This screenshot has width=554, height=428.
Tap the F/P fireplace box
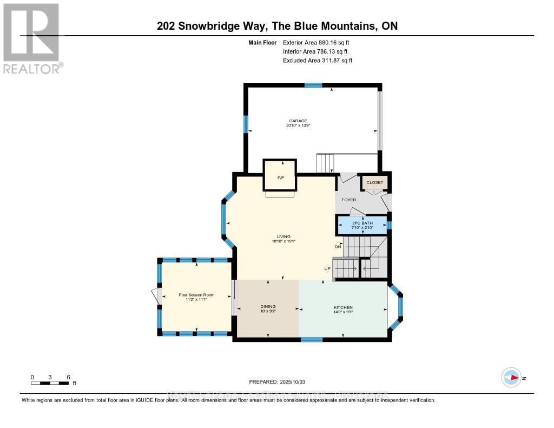click(x=280, y=175)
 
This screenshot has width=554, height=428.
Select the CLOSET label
click(x=374, y=182)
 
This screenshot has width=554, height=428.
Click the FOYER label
click(x=348, y=200)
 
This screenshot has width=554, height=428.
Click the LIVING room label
click(x=283, y=236)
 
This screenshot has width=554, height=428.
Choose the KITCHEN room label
click(x=343, y=307)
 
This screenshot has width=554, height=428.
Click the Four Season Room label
click(x=197, y=295)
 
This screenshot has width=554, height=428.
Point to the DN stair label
click(x=338, y=247)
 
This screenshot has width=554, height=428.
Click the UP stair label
click(x=327, y=268)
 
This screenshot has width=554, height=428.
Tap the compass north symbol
click(x=511, y=377)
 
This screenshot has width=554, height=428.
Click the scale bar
click(x=50, y=383)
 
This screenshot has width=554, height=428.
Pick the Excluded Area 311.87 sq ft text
click(x=318, y=61)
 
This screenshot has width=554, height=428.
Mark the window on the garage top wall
click(x=313, y=84)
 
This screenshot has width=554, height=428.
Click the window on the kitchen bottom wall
click(x=312, y=339)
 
